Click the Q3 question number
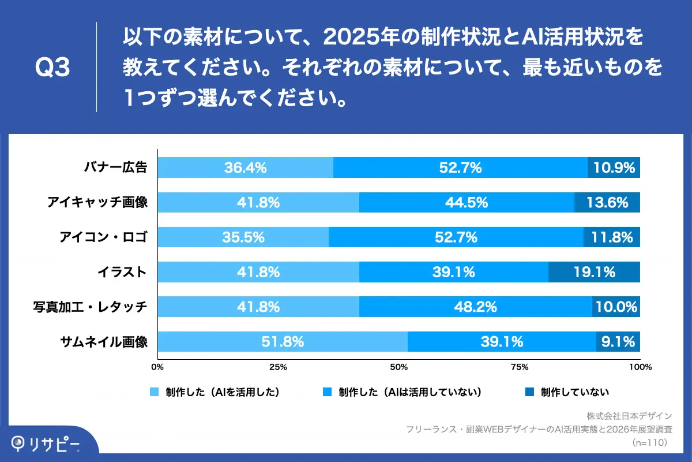click(52, 68)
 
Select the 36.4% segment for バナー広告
click(245, 167)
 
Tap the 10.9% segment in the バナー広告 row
click(614, 167)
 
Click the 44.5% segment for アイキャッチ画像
click(466, 203)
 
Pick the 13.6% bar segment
click(607, 203)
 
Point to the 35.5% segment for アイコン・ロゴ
click(243, 237)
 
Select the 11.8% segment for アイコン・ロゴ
click(612, 237)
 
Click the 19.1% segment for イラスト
click(594, 272)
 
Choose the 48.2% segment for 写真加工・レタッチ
click(475, 307)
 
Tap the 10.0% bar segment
click(616, 307)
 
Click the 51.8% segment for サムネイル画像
click(282, 342)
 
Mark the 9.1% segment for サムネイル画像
click(618, 342)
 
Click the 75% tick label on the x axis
click(520, 367)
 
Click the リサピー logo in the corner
click(46, 443)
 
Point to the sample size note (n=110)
click(650, 442)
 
